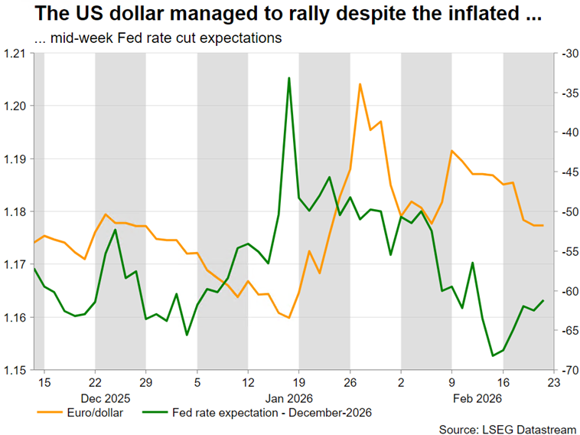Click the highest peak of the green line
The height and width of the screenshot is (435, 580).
tap(288, 78)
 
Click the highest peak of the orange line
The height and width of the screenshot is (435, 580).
tap(360, 84)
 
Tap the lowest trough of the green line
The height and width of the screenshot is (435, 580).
tap(493, 355)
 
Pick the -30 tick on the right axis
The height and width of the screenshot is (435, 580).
tap(568, 54)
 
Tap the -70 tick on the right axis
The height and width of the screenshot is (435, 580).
tap(568, 370)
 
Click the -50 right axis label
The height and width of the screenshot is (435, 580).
tap(568, 211)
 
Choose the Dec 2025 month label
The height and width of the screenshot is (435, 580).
tap(105, 398)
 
